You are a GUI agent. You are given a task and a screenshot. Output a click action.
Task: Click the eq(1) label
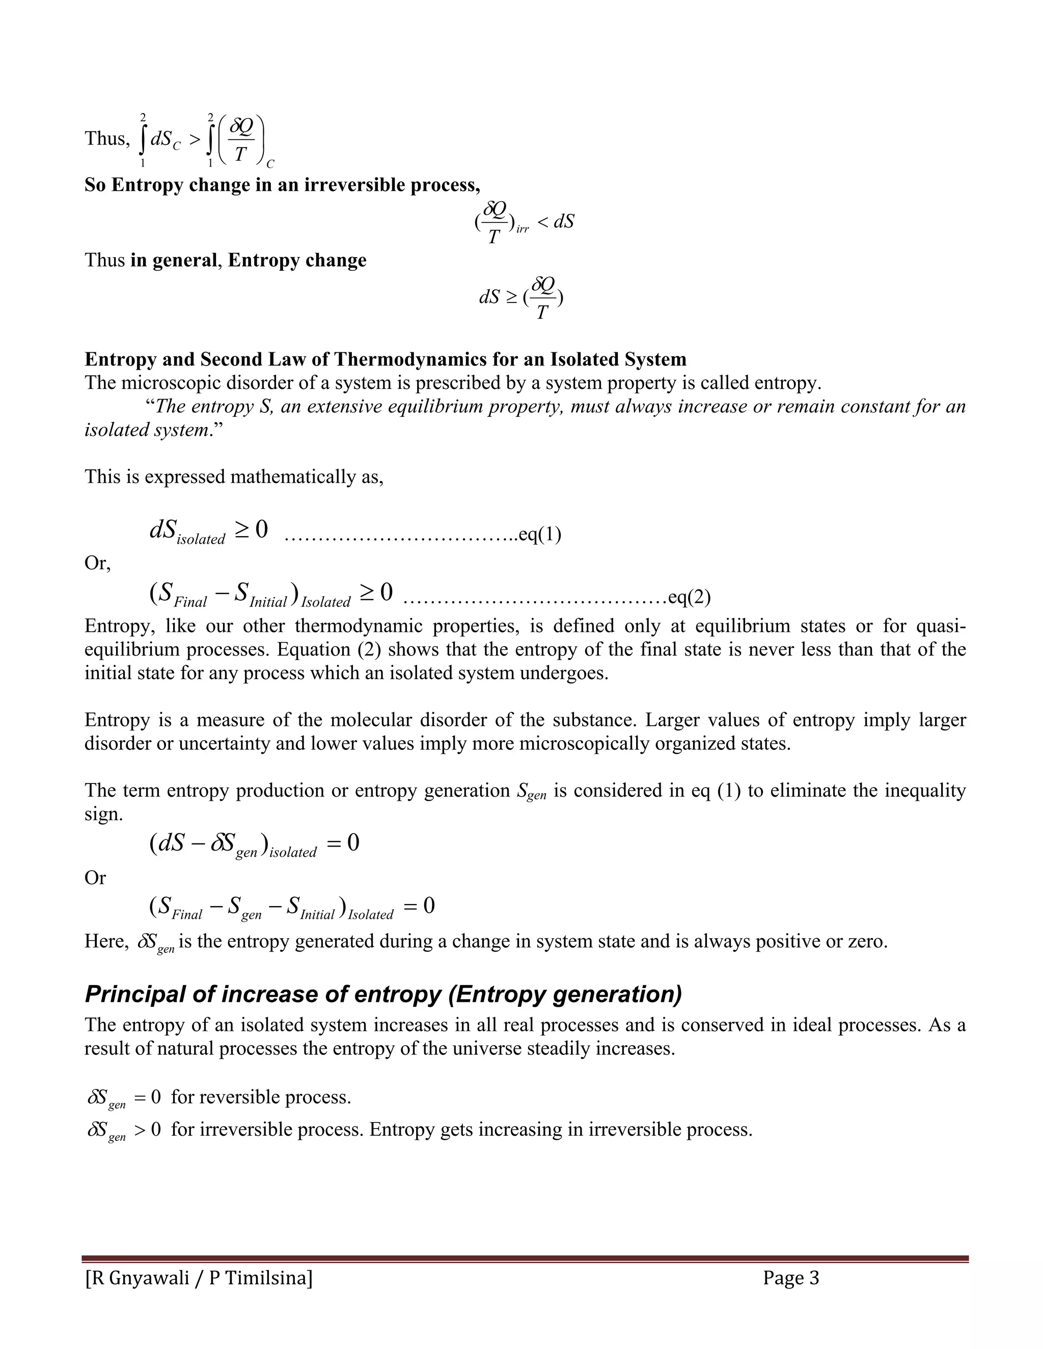pyautogui.click(x=539, y=535)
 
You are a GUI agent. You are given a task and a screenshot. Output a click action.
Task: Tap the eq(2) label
pyautogui.click(x=690, y=597)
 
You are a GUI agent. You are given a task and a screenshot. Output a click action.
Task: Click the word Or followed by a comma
pyautogui.click(x=97, y=564)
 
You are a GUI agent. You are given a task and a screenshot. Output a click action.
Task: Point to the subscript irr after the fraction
pyautogui.click(x=522, y=229)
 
